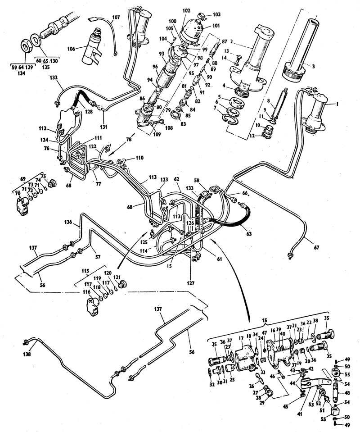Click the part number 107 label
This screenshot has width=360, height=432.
click(x=116, y=17)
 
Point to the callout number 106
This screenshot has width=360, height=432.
click(x=71, y=49)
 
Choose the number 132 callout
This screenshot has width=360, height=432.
click(x=54, y=77)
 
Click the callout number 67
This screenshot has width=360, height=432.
click(x=316, y=247)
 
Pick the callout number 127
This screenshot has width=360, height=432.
click(x=191, y=283)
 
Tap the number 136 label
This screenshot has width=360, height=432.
click(x=68, y=222)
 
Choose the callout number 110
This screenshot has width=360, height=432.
click(x=139, y=158)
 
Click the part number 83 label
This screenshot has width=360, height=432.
click(x=183, y=124)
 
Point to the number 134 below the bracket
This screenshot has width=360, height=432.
click(x=21, y=73)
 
